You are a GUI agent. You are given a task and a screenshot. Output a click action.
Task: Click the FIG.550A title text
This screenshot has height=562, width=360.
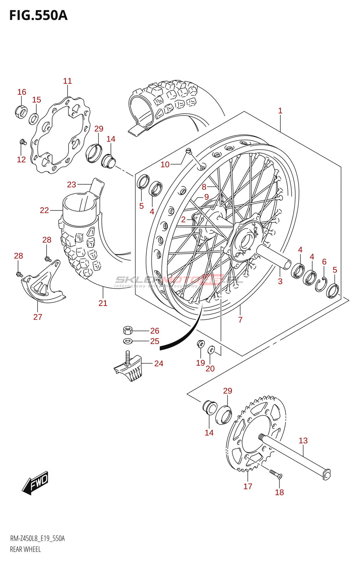point(38,15)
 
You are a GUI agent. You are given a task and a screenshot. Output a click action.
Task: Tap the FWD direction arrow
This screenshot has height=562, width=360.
point(36,483)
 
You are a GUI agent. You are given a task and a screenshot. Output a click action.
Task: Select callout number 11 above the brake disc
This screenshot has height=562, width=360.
point(67,81)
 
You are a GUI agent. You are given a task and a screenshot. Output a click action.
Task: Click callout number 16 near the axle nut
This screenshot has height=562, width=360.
point(22,92)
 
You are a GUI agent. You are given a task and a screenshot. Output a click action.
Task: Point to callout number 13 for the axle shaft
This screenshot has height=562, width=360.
point(303,440)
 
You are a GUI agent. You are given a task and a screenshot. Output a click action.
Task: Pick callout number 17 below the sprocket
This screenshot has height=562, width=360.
point(248,486)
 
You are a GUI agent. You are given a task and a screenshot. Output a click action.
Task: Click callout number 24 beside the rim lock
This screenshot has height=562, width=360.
point(159,364)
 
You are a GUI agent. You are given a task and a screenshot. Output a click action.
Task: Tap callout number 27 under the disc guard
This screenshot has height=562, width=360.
point(38,317)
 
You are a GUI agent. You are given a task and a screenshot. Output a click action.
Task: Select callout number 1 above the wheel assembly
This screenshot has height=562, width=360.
point(280,111)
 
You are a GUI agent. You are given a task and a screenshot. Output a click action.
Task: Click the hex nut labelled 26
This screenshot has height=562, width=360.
point(128,330)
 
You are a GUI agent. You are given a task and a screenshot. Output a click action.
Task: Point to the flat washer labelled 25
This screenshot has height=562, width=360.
point(127,341)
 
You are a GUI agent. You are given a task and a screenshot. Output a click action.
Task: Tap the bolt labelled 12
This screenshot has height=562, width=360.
point(23,142)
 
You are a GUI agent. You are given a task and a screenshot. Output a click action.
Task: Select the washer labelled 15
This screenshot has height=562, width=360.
point(33,119)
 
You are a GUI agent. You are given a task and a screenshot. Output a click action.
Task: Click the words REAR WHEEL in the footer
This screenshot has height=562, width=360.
point(25,549)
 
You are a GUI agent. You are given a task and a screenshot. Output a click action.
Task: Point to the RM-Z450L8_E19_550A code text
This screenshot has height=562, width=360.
point(37,538)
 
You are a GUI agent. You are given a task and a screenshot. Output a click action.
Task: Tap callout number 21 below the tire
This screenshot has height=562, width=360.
point(103,303)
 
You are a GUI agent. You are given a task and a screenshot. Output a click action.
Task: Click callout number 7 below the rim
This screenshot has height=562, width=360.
point(240,320)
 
